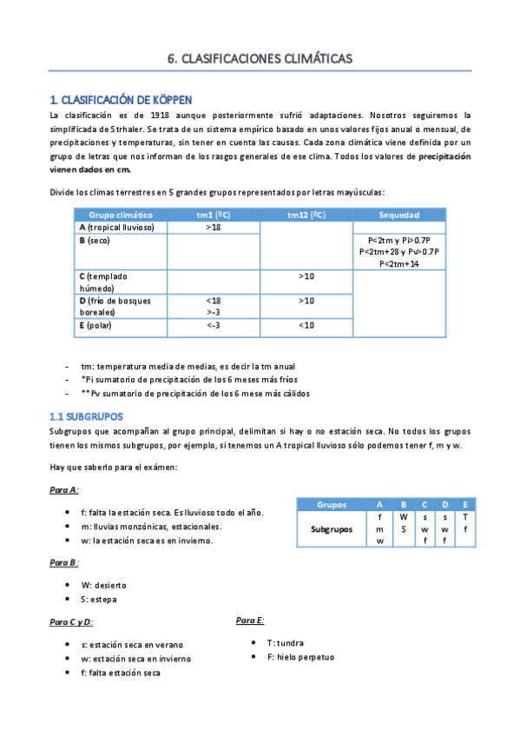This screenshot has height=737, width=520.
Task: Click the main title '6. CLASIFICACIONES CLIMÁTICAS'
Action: pyautogui.click(x=260, y=59)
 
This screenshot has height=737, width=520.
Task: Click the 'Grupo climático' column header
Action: pyautogui.click(x=121, y=215)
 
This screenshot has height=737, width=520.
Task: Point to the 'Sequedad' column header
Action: pyautogui.click(x=399, y=215)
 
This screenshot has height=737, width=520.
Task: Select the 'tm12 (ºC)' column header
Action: pyautogui.click(x=306, y=215)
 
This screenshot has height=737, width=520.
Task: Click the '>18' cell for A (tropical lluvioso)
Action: pyautogui.click(x=214, y=227)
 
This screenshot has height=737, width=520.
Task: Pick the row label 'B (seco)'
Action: pyautogui.click(x=96, y=240)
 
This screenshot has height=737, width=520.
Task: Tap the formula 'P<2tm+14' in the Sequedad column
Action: pyautogui.click(x=399, y=263)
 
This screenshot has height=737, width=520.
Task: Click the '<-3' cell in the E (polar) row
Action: pyautogui.click(x=214, y=326)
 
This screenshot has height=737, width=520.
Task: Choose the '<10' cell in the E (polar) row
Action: pyautogui.click(x=306, y=326)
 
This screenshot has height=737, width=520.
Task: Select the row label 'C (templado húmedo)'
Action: pyautogui.click(x=104, y=282)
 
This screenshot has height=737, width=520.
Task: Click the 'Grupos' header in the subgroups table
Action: pyautogui.click(x=332, y=504)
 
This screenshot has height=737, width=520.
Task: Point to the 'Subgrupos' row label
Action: pyautogui.click(x=332, y=528)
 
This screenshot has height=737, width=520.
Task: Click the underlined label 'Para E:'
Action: pyautogui.click(x=250, y=620)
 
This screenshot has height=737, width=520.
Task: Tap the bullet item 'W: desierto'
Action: pyautogui.click(x=103, y=585)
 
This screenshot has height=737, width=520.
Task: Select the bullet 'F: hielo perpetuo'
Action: pyautogui.click(x=300, y=657)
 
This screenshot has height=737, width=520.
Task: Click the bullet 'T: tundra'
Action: pyautogui.click(x=285, y=642)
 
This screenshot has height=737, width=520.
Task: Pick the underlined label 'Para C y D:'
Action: pyautogui.click(x=71, y=622)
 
